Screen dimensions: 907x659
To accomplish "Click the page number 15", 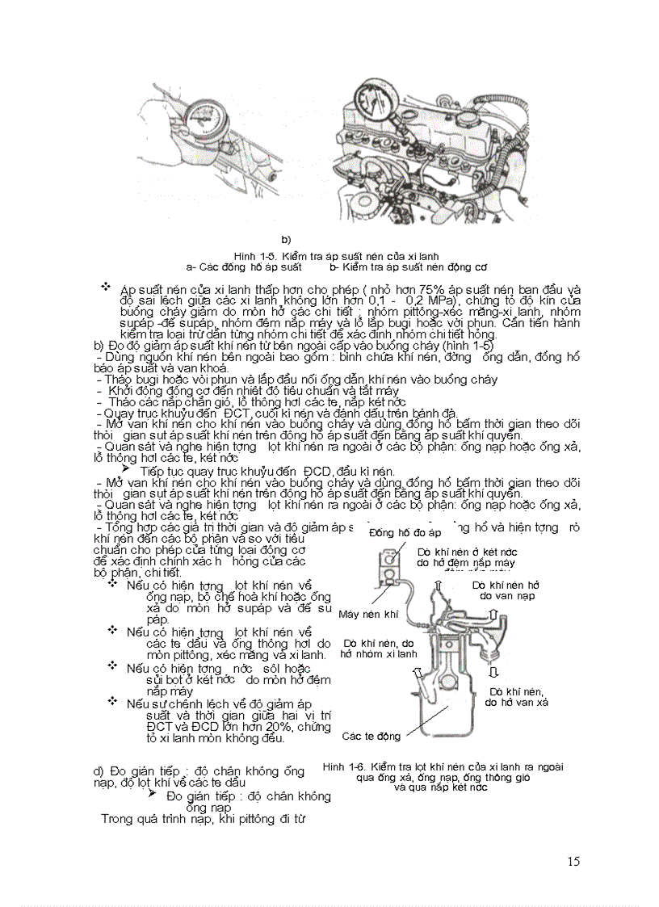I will pos(573,861).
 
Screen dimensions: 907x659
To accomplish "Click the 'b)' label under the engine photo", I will pos(286,240).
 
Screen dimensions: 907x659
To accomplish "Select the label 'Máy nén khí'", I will pos(369,614).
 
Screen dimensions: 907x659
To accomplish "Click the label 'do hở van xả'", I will pos(516,703).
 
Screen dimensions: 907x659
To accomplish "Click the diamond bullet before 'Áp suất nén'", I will pos(105,288).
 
